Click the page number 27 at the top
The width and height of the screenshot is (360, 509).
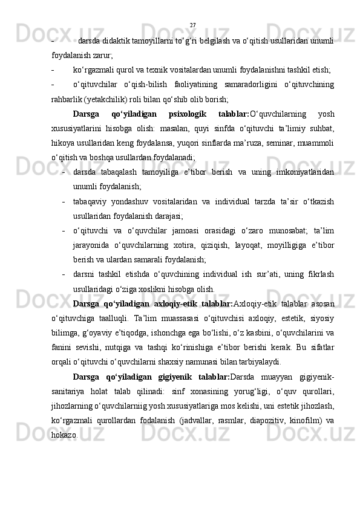[192, 25]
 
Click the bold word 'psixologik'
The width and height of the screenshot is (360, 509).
[187, 114]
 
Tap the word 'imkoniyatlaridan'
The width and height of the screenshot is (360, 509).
[305, 173]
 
